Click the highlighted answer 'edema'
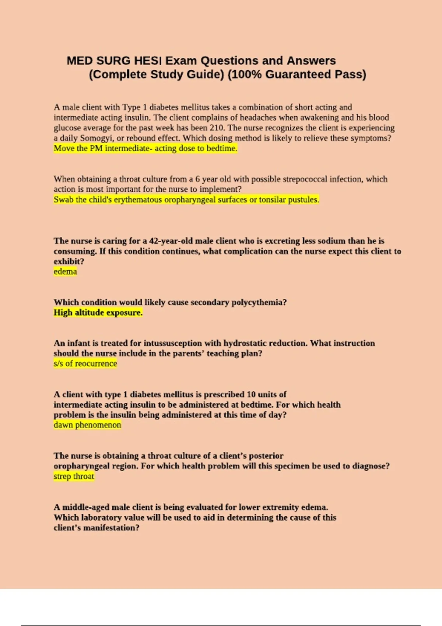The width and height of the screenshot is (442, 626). coord(65,272)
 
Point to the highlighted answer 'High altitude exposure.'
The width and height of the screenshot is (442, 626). coord(98,313)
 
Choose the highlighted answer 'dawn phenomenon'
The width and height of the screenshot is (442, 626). coord(87,425)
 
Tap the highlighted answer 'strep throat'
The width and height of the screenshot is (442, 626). coord(74,476)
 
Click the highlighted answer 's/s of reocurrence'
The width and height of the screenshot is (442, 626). coord(85,364)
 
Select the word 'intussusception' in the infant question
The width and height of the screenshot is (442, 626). coord(173,343)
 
